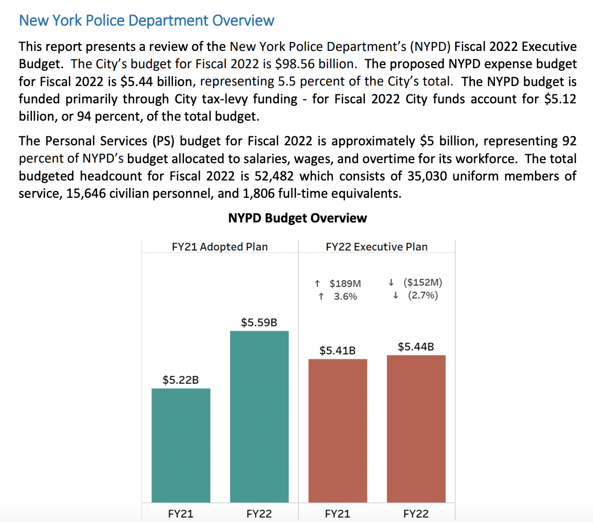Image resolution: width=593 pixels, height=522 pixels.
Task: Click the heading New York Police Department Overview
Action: pos(146,21)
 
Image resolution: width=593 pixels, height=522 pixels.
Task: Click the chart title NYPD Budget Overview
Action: pos(297,218)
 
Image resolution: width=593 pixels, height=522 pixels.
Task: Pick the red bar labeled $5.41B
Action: pos(338,430)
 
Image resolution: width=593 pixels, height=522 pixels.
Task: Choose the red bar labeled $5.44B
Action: pos(416,428)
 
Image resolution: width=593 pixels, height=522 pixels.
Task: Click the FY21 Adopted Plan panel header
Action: pos(220,247)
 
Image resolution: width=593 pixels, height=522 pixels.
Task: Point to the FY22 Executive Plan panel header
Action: pos(376,247)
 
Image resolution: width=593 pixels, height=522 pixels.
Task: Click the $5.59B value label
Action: pos(259,322)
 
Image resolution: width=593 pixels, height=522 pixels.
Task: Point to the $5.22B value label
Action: pos(180,380)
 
